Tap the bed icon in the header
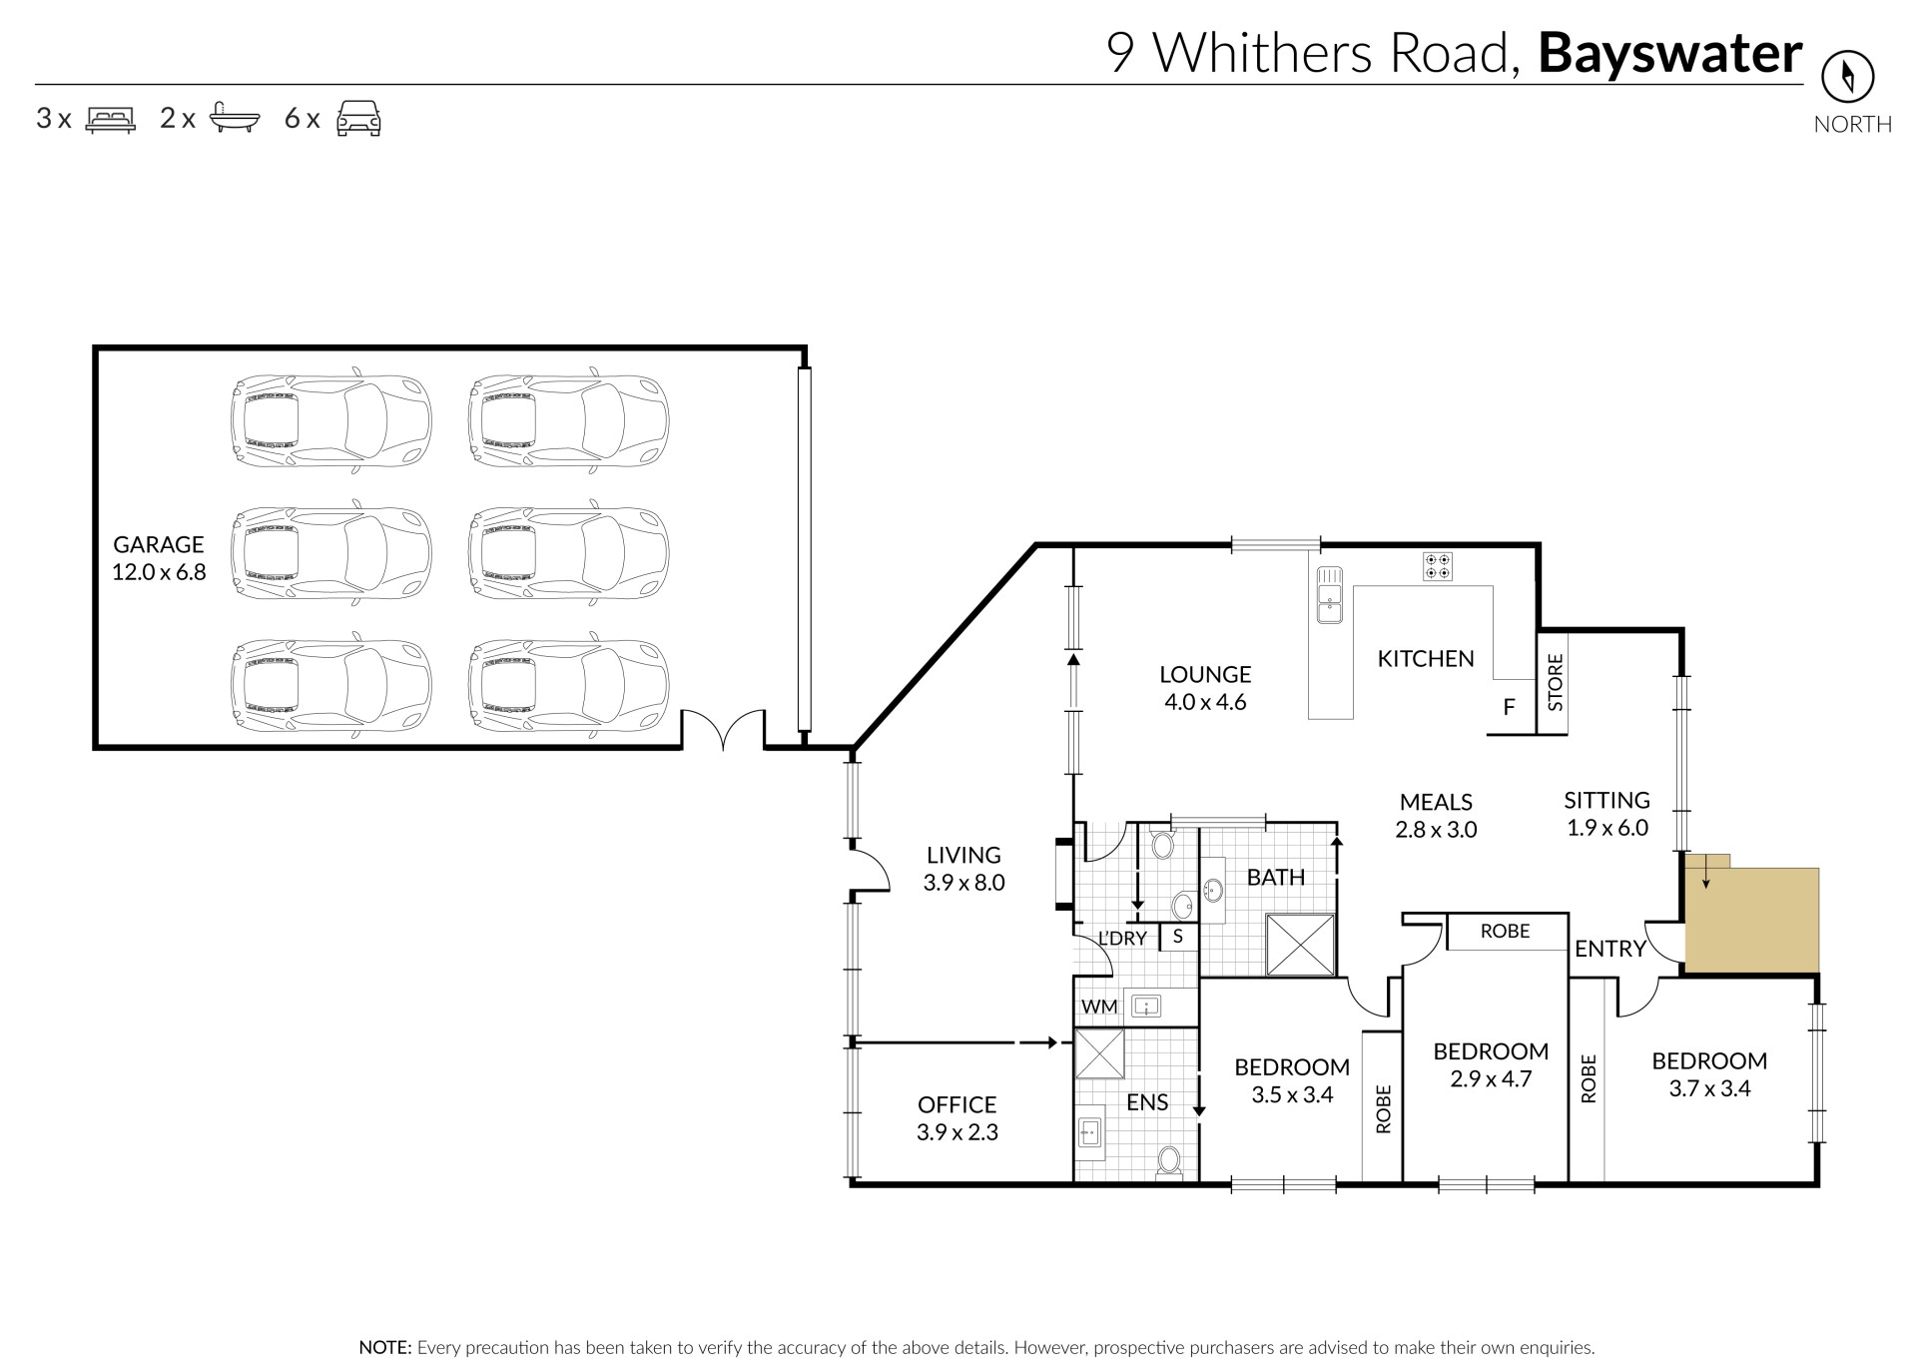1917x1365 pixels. point(110,119)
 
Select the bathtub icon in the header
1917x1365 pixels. point(235,118)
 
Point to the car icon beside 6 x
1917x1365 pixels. point(358,118)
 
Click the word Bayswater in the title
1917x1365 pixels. point(1670,53)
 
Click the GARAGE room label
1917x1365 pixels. point(158,544)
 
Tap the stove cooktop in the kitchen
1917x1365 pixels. point(1438,566)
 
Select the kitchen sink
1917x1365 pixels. point(1329,595)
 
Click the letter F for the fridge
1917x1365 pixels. point(1510,707)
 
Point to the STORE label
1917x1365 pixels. point(1555,682)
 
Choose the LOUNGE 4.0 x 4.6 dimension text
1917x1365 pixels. point(1205,702)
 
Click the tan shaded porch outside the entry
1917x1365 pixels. point(1751,917)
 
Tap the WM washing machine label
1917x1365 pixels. point(1099,1007)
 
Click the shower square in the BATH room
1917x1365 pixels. point(1300,944)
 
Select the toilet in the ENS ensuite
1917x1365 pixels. point(1169,1161)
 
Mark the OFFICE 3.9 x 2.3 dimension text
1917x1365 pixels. point(958,1132)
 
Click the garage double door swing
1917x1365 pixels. point(724,728)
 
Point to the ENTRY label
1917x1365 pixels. point(1609,949)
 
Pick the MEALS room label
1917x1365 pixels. point(1436,802)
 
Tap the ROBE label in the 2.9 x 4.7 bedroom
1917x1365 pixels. point(1505,931)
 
